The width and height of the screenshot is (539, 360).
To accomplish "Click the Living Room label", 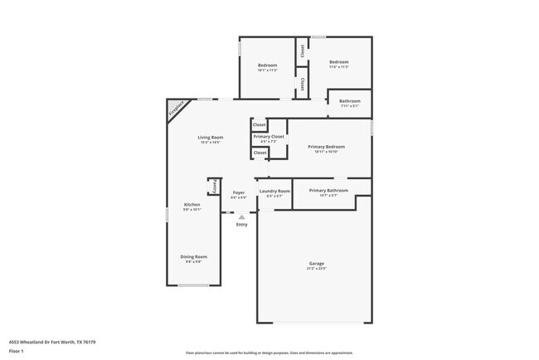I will click(x=210, y=137).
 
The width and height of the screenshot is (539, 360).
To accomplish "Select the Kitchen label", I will click(x=192, y=204).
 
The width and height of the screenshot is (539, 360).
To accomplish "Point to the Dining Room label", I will click(x=193, y=256).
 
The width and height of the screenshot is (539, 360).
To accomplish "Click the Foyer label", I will click(x=238, y=192).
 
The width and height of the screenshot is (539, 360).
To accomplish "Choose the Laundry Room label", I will click(x=274, y=192).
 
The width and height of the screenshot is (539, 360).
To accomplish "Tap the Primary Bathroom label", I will click(x=328, y=191).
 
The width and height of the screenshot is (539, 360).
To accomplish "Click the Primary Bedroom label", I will click(x=326, y=147).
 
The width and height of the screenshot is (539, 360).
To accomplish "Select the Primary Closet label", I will click(x=269, y=136).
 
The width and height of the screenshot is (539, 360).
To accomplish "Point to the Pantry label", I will click(x=212, y=185).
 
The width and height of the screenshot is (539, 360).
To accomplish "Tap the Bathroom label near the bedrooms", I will click(x=350, y=101).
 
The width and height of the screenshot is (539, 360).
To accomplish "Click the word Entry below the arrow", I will click(x=241, y=225).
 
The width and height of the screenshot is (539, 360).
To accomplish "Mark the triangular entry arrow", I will click(x=241, y=216).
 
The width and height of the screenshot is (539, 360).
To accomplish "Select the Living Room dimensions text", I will click(x=210, y=142).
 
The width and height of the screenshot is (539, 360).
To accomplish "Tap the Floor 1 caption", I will click(x=17, y=351).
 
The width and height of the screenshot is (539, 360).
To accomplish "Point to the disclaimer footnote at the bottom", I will click(x=269, y=353).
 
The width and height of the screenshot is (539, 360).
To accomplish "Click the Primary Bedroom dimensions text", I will click(x=326, y=152).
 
